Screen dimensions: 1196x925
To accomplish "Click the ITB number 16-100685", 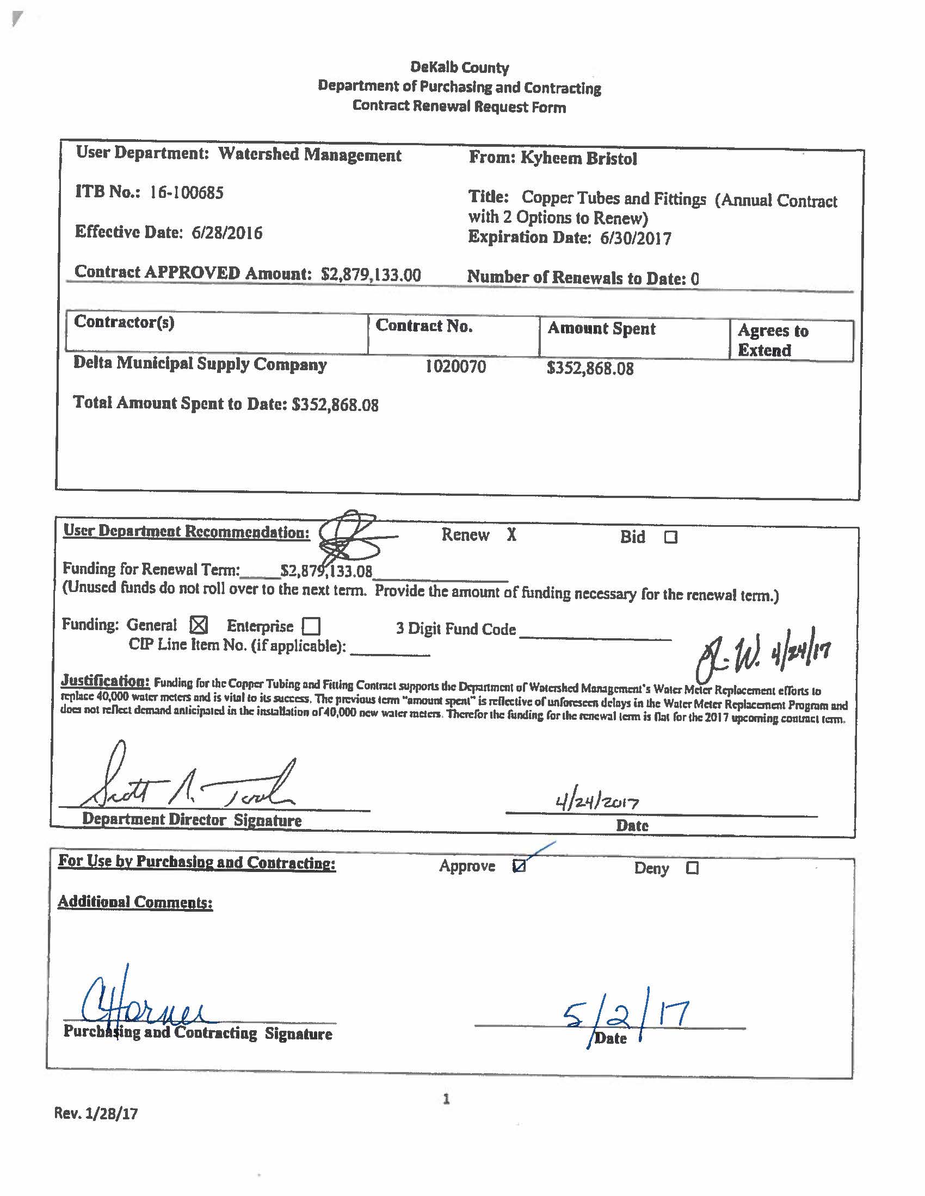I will (186, 193).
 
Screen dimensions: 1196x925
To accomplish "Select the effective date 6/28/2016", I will (227, 233).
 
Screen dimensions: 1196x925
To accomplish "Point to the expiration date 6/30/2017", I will (635, 239).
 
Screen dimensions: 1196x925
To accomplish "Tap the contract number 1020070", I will (455, 366).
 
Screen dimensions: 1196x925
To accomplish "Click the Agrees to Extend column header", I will (773, 340).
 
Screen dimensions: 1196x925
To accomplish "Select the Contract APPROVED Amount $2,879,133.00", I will (371, 275).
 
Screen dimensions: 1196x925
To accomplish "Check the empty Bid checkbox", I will (671, 537).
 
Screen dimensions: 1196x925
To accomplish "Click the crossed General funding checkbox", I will (199, 625).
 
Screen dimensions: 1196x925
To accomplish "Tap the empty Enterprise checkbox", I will (311, 626).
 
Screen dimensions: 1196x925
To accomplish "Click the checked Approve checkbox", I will (519, 866).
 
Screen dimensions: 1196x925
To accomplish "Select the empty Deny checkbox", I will (692, 868).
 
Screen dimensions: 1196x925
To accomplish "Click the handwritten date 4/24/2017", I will (597, 803).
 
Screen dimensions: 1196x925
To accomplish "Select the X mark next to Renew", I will (511, 535).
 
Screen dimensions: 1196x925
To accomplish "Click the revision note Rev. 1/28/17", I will (96, 1113).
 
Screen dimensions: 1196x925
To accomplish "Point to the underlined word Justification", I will (104, 681).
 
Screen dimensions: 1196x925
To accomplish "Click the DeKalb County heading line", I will (459, 68).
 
